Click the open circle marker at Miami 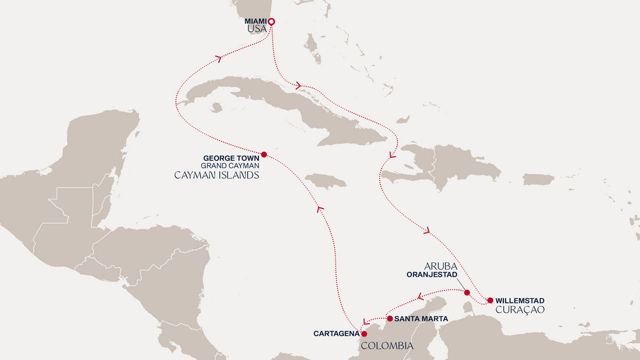coord(271,21)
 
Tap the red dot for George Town coord(264,154)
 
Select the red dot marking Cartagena coord(364,333)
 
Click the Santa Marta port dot coord(389,318)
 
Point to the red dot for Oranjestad coord(466,292)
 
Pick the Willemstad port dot coord(490,300)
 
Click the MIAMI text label coord(255,21)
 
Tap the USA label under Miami coord(257,30)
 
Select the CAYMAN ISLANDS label coord(216,175)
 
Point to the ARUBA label coord(440,266)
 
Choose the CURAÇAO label coord(519,310)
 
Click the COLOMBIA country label coord(387,346)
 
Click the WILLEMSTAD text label coord(519,301)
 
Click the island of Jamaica coord(325,180)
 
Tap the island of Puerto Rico coord(538,179)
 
